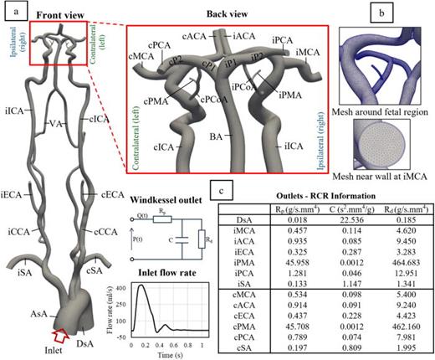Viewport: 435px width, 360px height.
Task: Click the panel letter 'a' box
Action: click(10, 9)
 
